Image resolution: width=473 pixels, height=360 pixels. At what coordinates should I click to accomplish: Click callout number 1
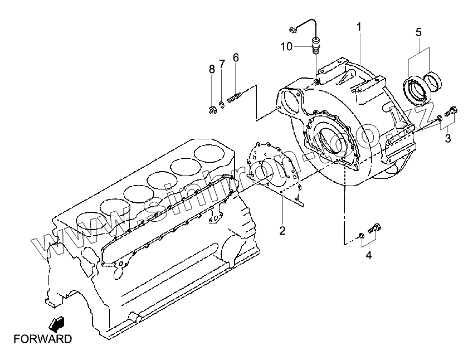359,27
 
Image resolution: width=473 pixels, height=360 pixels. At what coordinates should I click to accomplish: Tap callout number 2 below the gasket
282,230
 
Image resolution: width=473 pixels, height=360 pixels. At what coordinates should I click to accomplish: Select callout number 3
448,138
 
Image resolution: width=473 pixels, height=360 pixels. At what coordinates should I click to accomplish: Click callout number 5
418,32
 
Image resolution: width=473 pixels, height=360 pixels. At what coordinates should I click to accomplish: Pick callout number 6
236,57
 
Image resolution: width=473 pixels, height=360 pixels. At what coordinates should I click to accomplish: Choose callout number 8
212,69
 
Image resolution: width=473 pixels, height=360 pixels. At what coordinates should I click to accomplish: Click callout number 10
286,47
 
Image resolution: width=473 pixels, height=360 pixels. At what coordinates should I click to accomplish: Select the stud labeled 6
234,100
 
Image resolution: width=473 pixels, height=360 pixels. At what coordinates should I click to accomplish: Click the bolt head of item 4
376,228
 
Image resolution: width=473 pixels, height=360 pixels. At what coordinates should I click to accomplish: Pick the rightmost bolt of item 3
452,111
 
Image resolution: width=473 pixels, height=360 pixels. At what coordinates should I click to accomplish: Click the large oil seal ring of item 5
414,89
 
